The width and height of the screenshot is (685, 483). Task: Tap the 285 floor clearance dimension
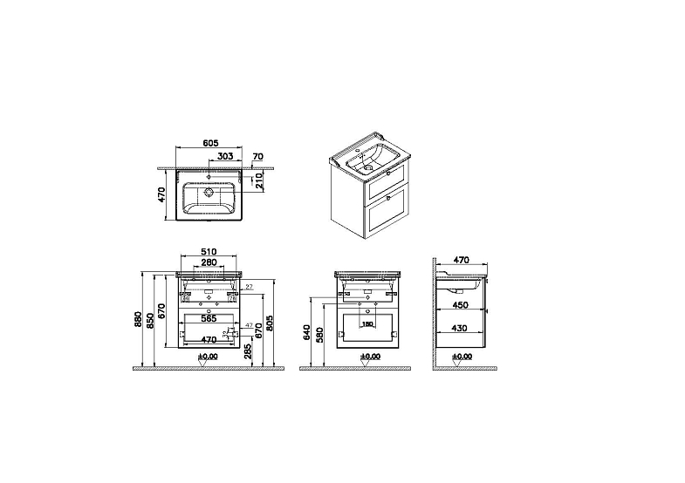[x=249, y=350]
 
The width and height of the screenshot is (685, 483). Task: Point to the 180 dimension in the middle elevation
[x=367, y=324]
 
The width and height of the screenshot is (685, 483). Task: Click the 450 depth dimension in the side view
[x=462, y=306]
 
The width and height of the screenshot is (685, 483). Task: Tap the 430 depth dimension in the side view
[x=462, y=329]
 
